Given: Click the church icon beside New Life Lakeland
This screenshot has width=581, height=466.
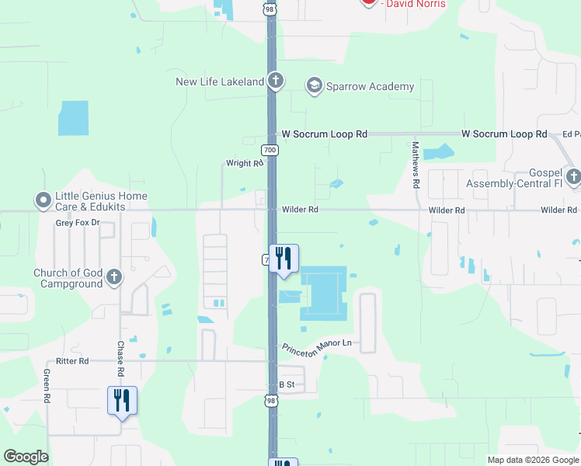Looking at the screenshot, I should click(275, 81).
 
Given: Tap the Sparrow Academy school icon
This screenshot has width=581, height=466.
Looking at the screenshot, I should click(315, 86).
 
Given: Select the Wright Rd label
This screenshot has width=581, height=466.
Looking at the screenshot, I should click(244, 163).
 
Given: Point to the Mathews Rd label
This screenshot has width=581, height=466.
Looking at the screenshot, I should click(416, 165).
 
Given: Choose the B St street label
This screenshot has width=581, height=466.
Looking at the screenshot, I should click(287, 384).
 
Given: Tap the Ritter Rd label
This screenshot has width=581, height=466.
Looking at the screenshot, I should click(72, 361).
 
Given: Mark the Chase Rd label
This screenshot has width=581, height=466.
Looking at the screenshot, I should click(120, 356).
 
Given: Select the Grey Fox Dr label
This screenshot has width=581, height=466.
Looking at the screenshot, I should click(78, 223).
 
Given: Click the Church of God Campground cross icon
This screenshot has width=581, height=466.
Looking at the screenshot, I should click(114, 277).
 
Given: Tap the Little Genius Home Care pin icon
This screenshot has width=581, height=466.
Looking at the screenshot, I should click(43, 200).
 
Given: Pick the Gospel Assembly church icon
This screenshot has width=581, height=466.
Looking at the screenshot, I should click(573, 177).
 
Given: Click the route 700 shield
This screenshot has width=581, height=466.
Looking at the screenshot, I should click(270, 150).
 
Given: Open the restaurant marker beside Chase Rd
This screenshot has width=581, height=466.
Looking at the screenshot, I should click(122, 401).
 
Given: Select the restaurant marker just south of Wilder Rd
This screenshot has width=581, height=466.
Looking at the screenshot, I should click(284, 259).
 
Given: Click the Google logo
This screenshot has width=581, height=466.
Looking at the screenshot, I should click(26, 457).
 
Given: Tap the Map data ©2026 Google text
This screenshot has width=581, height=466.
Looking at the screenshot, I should click(532, 460).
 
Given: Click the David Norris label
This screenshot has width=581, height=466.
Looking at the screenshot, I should click(416, 4).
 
